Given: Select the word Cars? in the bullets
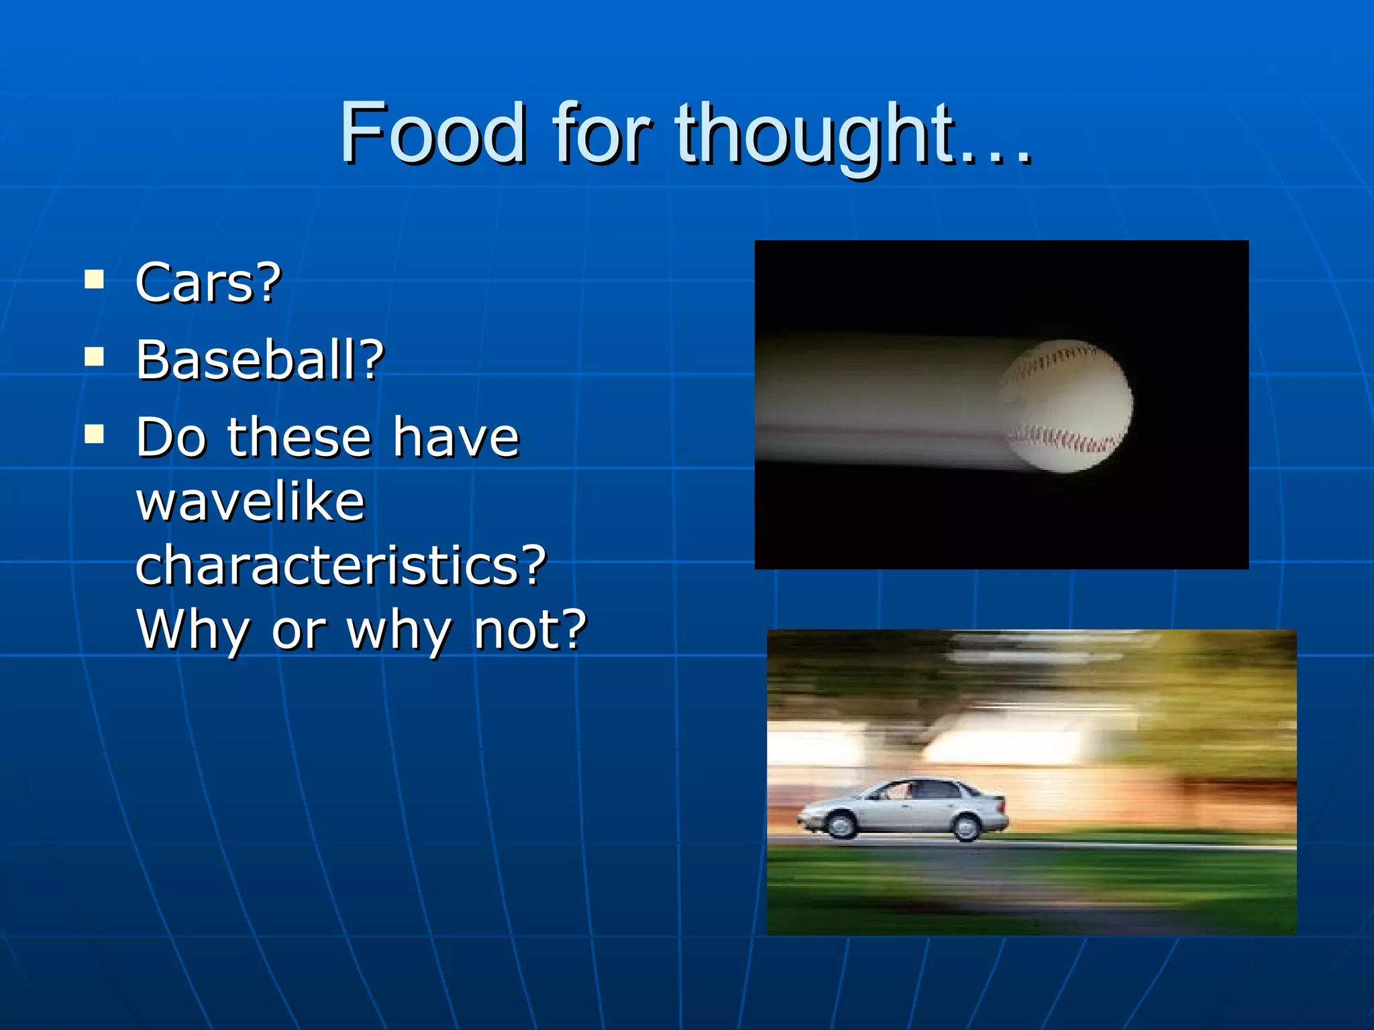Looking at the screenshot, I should (208, 283).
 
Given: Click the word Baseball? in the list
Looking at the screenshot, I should (260, 360).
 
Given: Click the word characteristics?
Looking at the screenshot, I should (341, 565).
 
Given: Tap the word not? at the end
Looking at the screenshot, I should (530, 630).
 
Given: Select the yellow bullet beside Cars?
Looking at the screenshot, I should (95, 279).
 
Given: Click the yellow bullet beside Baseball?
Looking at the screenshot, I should (95, 357).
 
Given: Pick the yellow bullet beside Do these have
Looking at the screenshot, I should (95, 435).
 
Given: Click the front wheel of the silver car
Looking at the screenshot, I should (841, 824).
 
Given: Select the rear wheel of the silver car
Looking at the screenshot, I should (966, 827).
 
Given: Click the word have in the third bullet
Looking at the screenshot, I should (456, 437).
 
